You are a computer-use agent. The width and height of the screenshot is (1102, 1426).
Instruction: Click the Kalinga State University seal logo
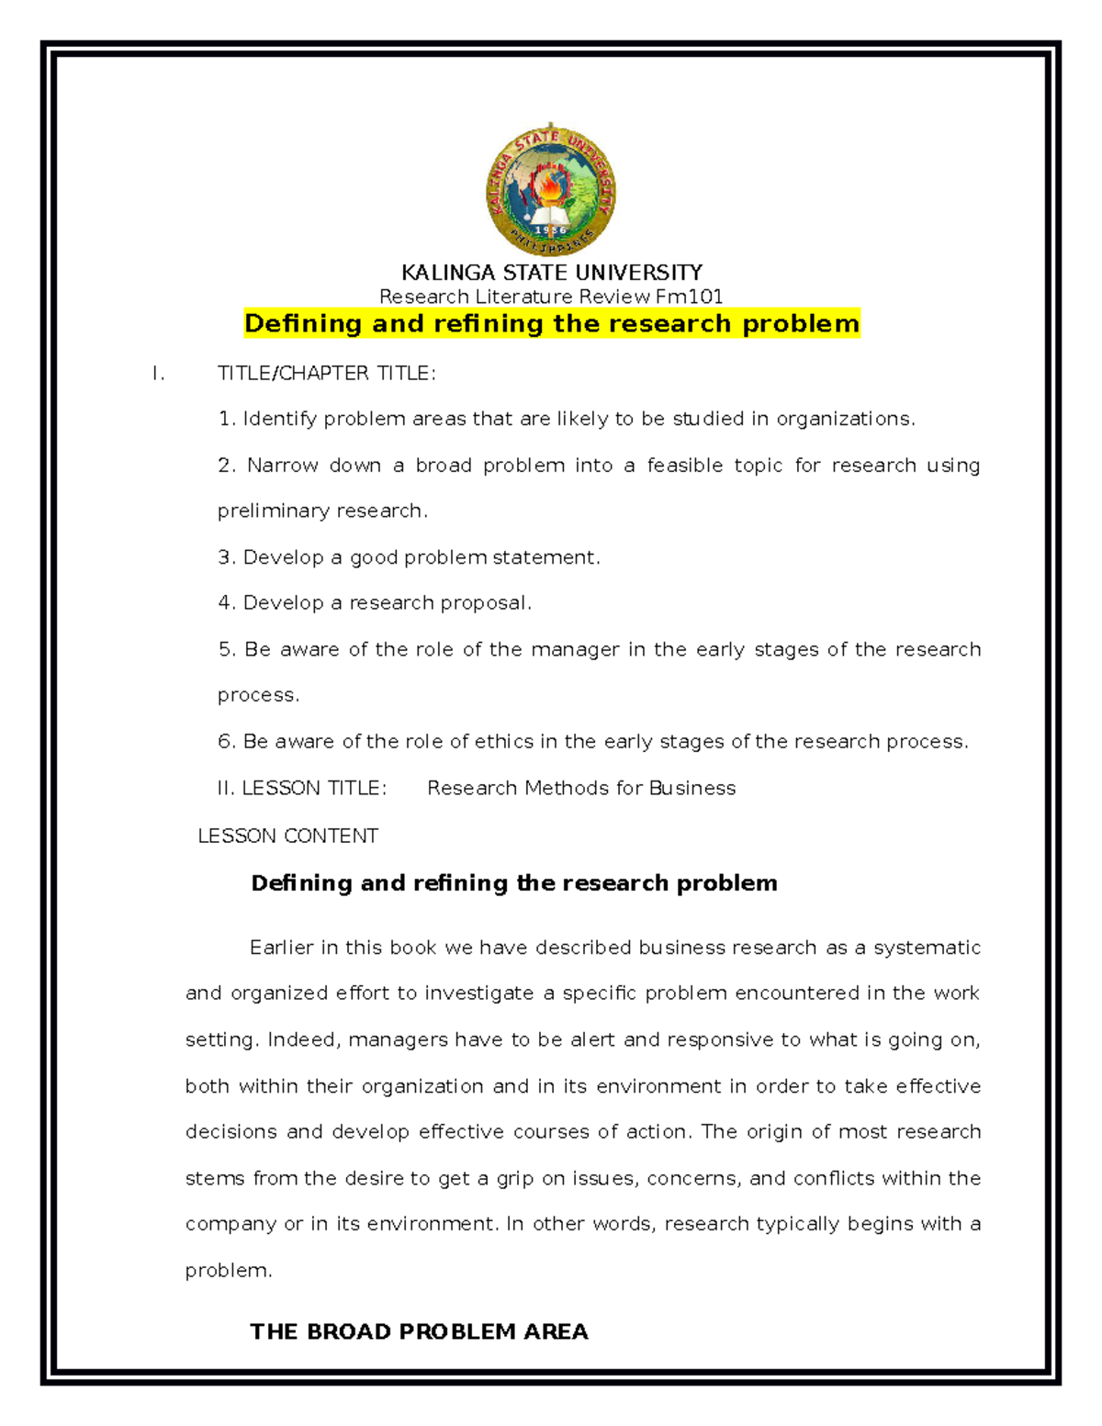[550, 190]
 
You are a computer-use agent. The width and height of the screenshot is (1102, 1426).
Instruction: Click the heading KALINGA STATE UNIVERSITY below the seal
[551, 273]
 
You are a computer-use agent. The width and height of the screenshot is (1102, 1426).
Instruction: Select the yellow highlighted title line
[551, 323]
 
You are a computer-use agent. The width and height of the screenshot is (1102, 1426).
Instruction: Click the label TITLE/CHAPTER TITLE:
[326, 373]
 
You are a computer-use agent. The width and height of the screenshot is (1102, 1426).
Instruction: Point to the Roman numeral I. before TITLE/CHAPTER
[158, 373]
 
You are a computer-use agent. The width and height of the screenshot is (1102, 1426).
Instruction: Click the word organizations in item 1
[844, 419]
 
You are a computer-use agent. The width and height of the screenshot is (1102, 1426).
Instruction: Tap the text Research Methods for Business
[581, 788]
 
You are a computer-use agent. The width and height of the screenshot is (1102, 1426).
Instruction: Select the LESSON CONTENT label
[287, 836]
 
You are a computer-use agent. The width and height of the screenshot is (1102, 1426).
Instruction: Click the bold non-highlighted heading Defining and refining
[513, 882]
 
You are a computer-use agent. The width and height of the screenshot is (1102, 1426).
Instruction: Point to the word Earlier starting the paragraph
[281, 948]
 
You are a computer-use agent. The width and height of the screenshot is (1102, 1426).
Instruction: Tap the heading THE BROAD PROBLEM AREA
[419, 1331]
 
